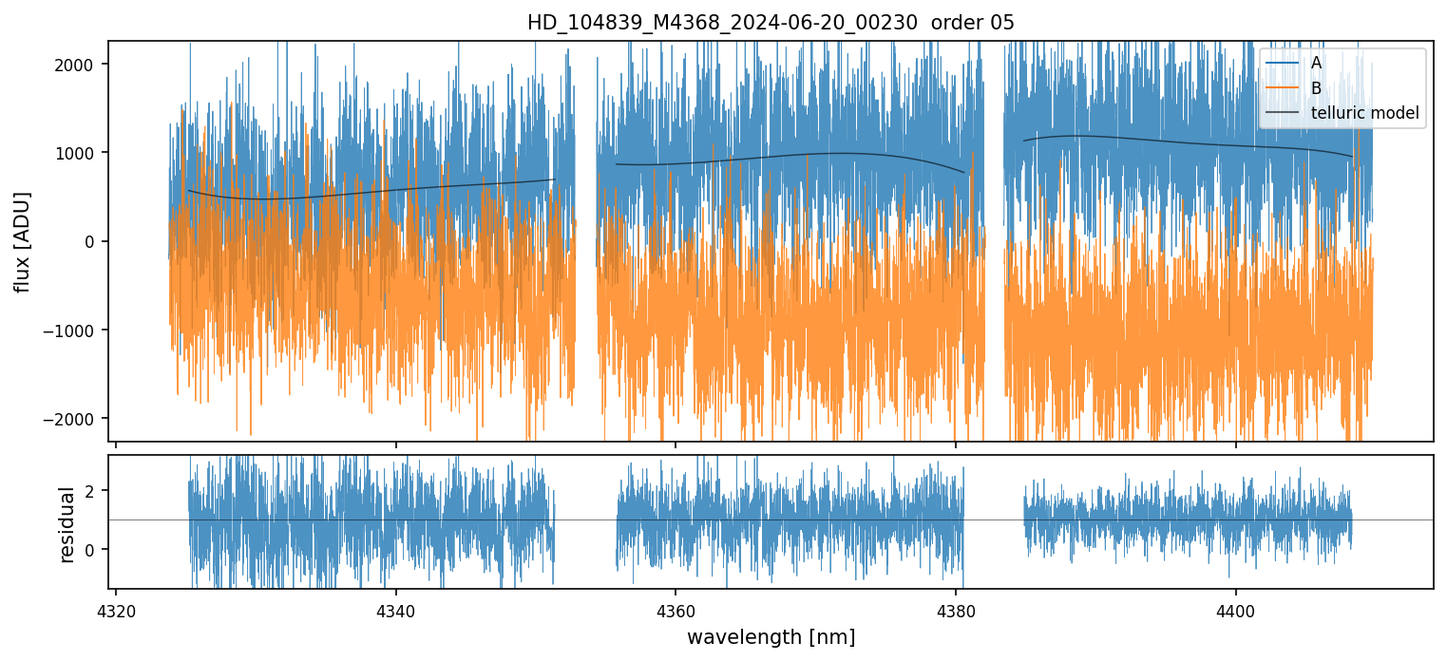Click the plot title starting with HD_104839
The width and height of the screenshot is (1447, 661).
pos(771,23)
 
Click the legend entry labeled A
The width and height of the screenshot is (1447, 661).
pos(1316,63)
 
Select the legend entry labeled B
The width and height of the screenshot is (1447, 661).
pos(1316,88)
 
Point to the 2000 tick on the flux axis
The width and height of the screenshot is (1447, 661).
pos(82,65)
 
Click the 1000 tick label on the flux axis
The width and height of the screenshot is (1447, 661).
pos(82,153)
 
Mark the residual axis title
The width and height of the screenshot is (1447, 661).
pos(67,524)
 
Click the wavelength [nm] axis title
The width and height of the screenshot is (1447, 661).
pos(771,636)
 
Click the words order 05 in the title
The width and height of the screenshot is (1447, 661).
pos(980,23)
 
